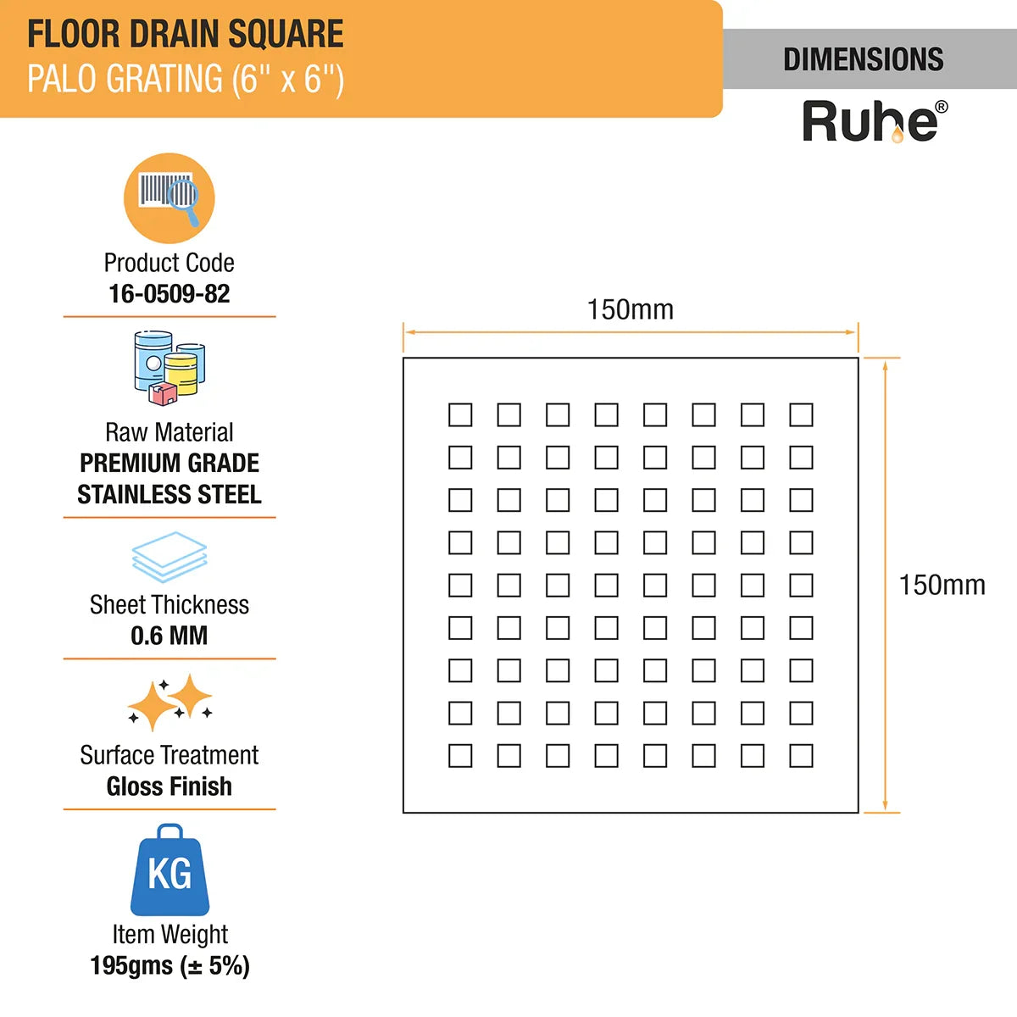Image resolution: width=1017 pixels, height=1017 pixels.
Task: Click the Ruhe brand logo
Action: pos(874,121)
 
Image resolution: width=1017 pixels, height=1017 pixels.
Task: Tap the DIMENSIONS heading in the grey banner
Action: pos(863,59)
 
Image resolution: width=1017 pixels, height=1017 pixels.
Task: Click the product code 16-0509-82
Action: pos(169,294)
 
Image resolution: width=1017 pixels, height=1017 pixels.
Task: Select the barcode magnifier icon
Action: pos(169,198)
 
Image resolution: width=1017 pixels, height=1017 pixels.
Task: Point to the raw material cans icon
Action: pos(169,368)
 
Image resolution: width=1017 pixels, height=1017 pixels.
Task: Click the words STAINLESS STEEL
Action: pos(169,494)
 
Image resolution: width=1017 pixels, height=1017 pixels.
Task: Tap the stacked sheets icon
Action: pos(169,556)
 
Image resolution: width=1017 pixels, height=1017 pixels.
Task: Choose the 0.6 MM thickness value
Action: pos(169,636)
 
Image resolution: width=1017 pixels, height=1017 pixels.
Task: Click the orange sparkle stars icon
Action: pos(169,703)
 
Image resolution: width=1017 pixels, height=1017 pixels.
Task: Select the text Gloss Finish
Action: pos(169,786)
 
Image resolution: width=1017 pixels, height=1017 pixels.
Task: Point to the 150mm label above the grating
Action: pos(631,309)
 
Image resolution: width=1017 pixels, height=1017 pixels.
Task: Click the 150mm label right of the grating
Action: pos(942,585)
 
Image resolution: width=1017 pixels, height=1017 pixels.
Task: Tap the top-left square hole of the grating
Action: pos(460,414)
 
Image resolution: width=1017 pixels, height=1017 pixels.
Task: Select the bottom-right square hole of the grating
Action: pos(801,755)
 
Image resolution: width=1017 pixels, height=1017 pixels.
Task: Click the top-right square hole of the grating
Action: pos(801,414)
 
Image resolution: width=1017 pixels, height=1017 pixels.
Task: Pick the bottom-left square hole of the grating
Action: pos(460,755)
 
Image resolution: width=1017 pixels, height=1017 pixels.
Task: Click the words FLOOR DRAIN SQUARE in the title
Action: pos(186,34)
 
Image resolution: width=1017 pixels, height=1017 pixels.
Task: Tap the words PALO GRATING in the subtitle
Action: pos(125,79)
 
